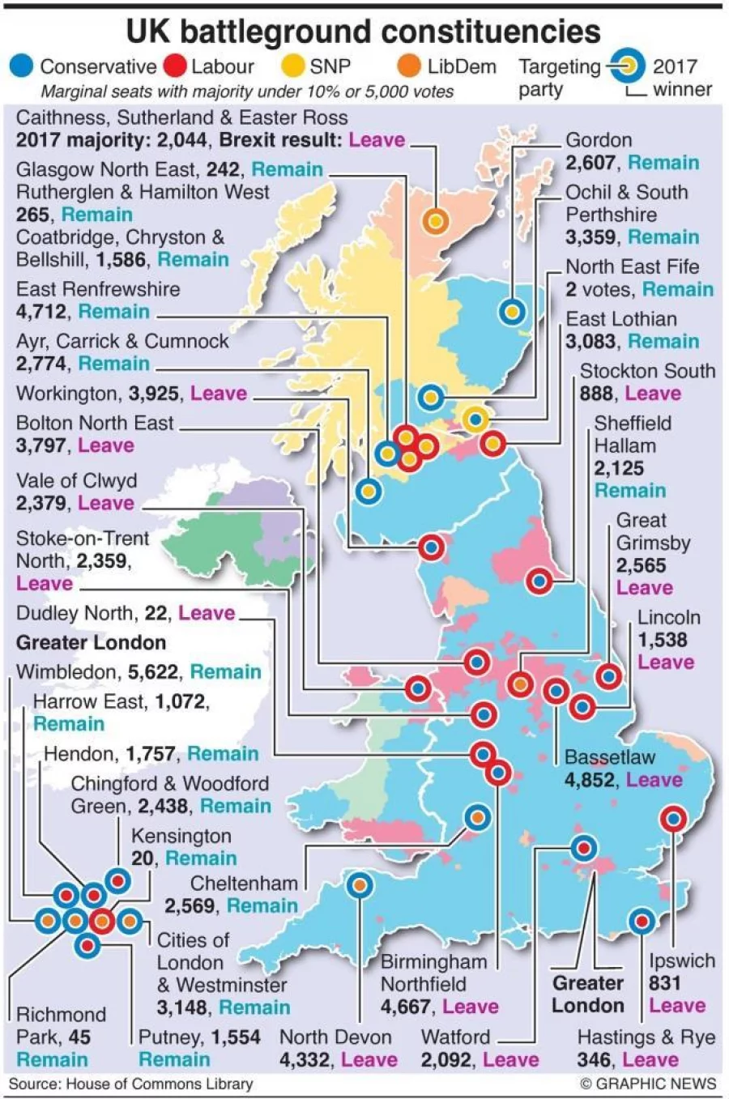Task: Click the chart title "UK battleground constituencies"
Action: click(x=364, y=32)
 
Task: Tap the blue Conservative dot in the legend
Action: click(x=22, y=66)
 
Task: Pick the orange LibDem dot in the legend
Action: click(x=410, y=66)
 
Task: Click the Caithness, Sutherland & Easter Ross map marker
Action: click(x=435, y=220)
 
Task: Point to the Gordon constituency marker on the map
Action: click(x=512, y=311)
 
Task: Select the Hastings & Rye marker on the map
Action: click(x=642, y=921)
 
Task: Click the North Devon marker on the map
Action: click(x=360, y=885)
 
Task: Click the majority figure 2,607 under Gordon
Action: click(x=590, y=163)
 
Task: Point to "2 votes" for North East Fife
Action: click(x=599, y=289)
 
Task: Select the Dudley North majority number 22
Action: click(x=157, y=613)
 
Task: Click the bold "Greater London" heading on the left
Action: click(x=91, y=643)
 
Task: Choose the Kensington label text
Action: click(x=181, y=836)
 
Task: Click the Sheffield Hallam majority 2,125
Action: click(x=619, y=468)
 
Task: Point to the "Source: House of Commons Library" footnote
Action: click(x=131, y=1084)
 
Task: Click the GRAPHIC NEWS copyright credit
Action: click(x=648, y=1084)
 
